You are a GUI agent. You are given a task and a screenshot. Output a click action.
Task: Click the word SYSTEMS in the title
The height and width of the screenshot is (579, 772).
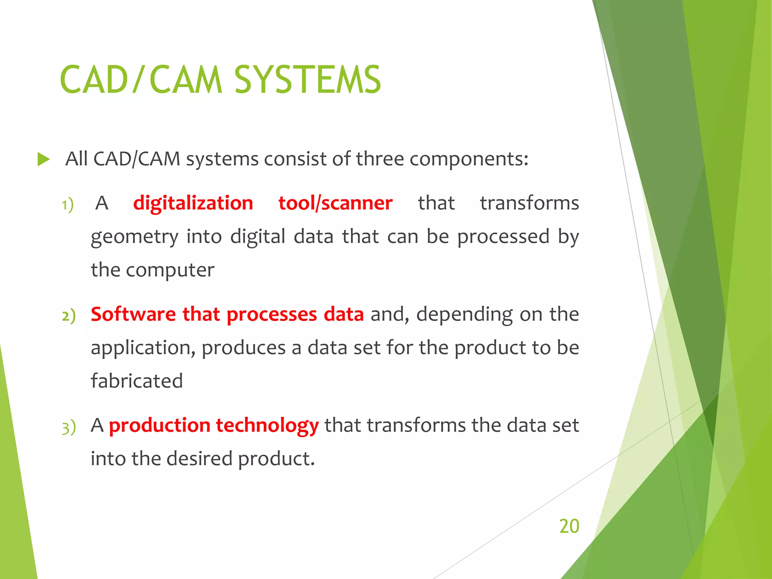coord(307,80)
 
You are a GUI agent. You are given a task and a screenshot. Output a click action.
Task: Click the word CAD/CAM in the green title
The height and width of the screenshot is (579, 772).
coord(141,80)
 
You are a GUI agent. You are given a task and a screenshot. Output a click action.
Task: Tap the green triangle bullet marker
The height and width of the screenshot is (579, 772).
coord(43,159)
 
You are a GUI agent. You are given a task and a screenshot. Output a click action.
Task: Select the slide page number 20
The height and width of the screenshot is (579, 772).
coord(569,526)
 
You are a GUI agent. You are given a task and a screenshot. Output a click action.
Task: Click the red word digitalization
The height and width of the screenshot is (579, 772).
coord(193,203)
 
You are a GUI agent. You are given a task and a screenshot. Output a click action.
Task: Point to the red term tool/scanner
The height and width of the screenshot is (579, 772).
coord(335,203)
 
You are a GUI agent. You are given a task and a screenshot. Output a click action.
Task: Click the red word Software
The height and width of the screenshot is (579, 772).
coord(133,314)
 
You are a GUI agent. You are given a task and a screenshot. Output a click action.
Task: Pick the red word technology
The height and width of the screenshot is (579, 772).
coord(267,426)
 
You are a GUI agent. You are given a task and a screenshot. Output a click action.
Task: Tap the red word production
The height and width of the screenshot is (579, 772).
coord(159,426)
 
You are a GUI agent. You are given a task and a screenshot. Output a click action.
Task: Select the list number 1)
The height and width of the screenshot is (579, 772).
coord(68,205)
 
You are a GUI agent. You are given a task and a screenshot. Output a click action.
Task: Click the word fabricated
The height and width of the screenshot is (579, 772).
coord(136,381)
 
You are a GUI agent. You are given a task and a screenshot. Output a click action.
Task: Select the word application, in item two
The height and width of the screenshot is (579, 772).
coord(143,348)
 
